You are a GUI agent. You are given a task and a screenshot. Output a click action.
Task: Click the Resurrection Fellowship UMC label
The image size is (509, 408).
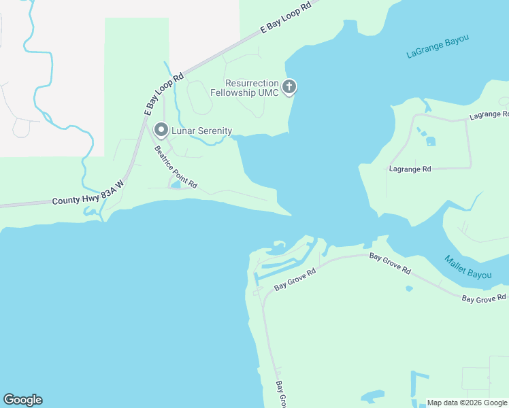244,88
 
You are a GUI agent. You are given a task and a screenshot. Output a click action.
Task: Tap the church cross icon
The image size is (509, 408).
289,86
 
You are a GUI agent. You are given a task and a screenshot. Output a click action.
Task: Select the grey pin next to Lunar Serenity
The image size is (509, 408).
161,129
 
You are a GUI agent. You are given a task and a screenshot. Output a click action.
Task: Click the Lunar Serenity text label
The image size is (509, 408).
201,131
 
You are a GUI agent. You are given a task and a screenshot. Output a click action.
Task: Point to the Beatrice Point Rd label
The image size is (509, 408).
175,167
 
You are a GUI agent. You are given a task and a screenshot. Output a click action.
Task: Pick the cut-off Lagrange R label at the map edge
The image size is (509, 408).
489,115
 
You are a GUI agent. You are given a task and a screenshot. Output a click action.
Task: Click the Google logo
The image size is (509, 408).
22,400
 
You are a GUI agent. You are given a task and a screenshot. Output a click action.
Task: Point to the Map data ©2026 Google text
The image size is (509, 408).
467,403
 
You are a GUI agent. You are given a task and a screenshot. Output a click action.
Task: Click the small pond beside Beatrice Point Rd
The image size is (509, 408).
176,184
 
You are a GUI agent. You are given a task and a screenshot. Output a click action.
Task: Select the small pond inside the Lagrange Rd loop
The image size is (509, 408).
430,141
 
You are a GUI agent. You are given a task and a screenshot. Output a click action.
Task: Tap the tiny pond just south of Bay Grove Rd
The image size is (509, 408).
408,288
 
